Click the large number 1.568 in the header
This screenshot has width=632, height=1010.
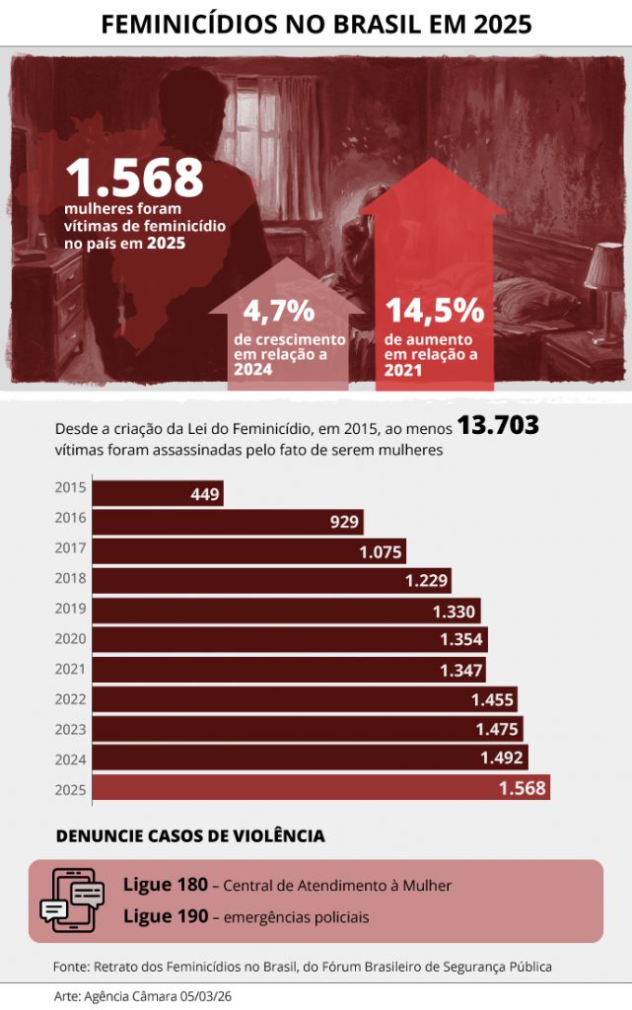[x=134, y=179]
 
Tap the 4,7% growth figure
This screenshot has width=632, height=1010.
[x=278, y=312]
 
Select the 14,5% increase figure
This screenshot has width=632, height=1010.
[x=434, y=310]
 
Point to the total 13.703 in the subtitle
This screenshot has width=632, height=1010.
[x=498, y=426]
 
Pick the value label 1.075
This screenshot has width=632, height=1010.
[x=381, y=552]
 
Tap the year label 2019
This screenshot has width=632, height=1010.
[x=71, y=609]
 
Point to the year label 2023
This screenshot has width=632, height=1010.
[x=71, y=729]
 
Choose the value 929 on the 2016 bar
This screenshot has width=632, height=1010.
[x=344, y=522]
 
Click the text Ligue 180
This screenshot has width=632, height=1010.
[x=165, y=885]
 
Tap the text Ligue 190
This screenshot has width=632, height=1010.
[x=165, y=916]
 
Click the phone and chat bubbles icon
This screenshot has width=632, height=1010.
[x=73, y=900]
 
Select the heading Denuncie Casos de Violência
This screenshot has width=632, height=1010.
[x=190, y=836]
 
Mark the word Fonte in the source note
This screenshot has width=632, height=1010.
[x=70, y=966]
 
